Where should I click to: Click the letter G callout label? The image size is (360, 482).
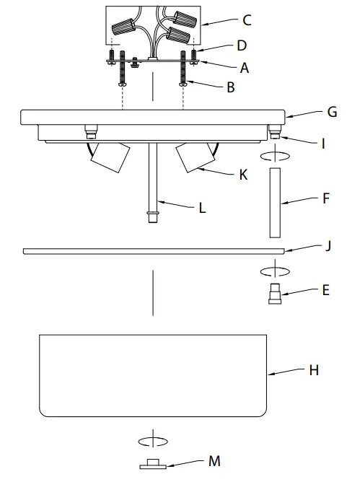click(x=332, y=113)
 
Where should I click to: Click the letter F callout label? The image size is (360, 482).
click(x=326, y=198)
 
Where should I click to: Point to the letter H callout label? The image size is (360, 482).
click(x=314, y=370)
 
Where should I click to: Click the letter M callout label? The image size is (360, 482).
click(x=214, y=460)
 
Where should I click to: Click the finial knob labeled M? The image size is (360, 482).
click(x=152, y=463)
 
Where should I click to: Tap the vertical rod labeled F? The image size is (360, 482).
click(x=276, y=202)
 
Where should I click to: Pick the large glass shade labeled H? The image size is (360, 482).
click(x=152, y=374)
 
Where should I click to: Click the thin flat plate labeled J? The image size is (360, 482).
click(x=152, y=251)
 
